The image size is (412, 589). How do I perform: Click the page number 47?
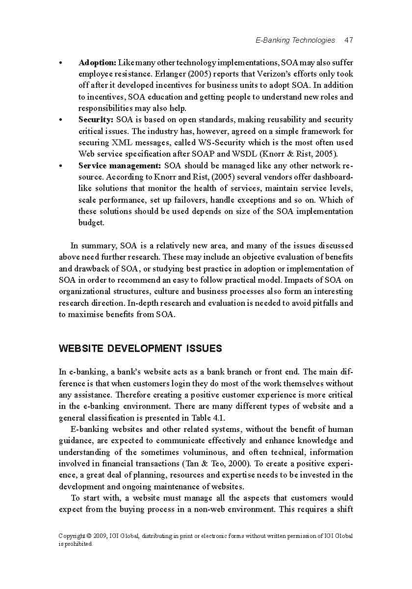point(349,40)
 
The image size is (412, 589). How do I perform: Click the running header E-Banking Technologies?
point(295,40)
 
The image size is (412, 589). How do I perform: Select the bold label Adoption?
point(97,63)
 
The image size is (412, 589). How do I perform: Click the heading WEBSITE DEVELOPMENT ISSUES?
point(140,348)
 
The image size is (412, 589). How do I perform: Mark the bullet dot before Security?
point(60,120)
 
